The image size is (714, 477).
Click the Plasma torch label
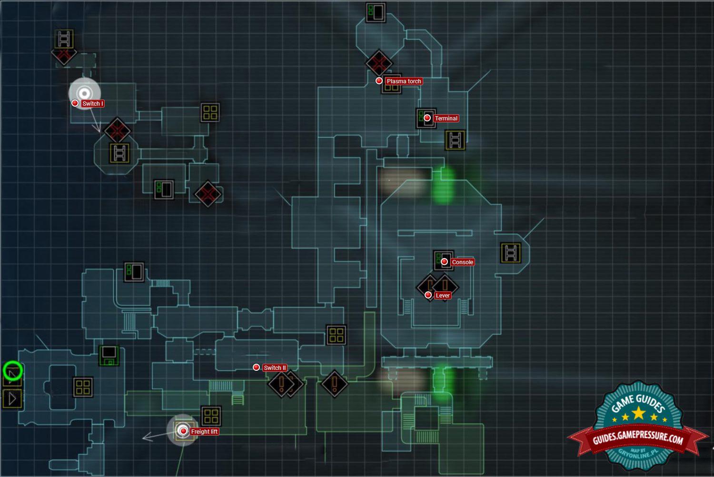pos(404,81)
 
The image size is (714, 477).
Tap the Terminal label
pos(446,119)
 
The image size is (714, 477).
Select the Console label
pos(462,262)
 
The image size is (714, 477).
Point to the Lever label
pos(442,296)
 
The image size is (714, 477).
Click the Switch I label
pos(92,104)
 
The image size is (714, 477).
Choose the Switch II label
pos(275,368)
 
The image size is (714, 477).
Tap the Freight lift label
pos(204,432)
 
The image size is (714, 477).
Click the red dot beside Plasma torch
pos(379,81)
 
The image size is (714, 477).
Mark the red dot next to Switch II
pos(256,368)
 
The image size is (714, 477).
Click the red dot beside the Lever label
pos(428,295)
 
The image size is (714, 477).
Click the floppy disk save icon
pos(109,356)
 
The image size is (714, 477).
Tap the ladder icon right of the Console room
pos(511,253)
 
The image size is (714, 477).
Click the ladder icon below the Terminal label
pos(455,140)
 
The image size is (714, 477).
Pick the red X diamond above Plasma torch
pos(379,63)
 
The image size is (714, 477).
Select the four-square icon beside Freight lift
pos(211,416)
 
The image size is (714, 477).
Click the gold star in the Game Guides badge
pos(638,413)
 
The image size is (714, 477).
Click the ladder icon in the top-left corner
pos(64,39)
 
